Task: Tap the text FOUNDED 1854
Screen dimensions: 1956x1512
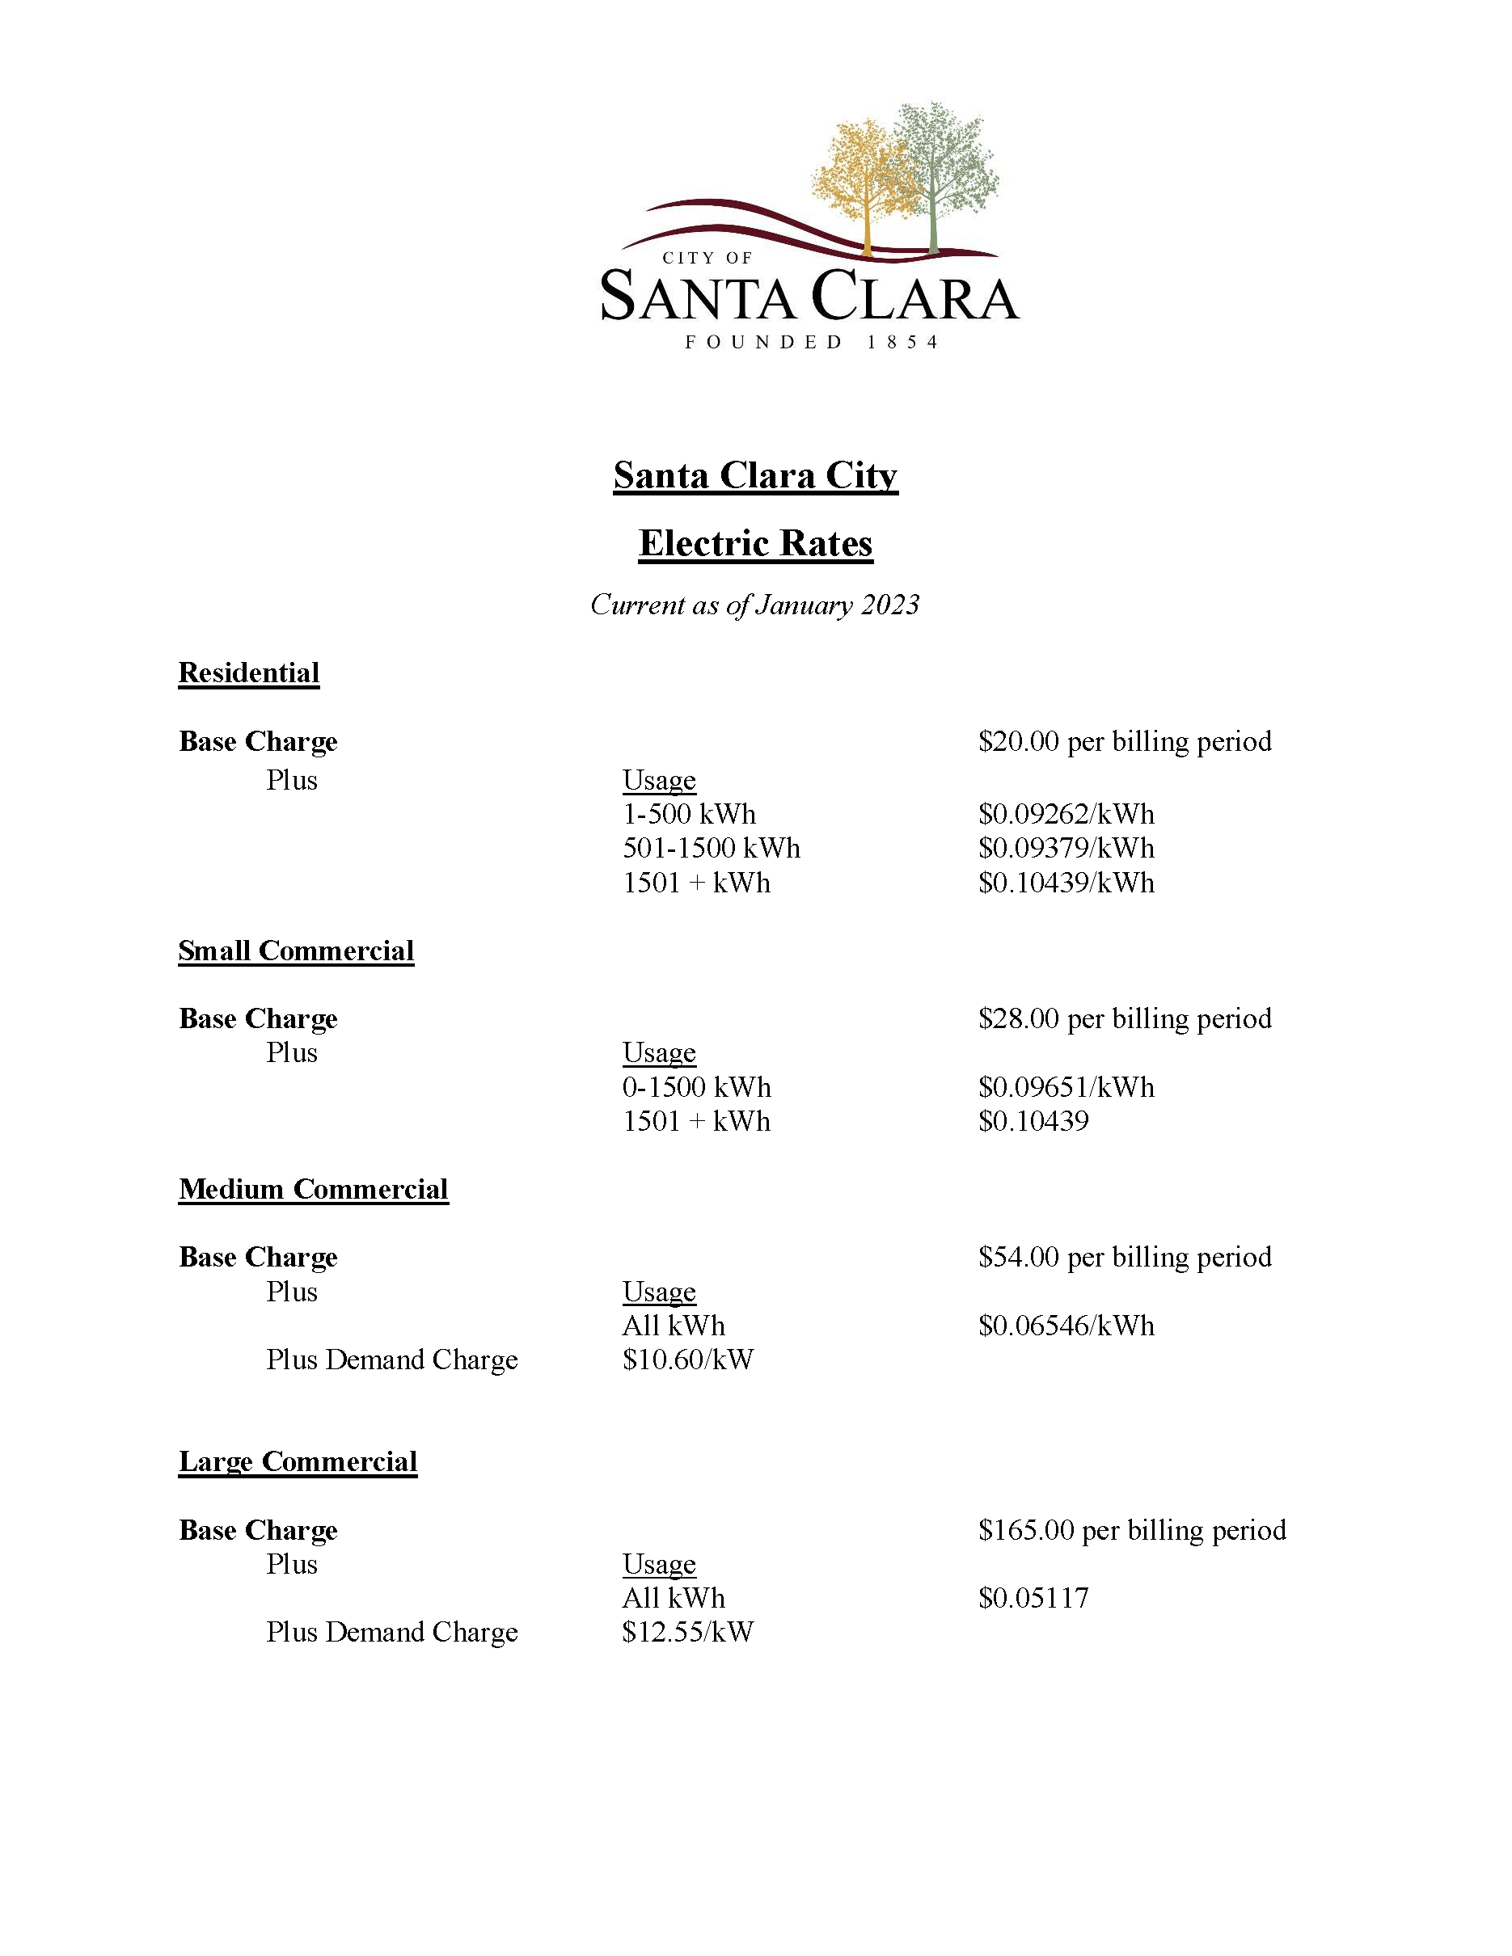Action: coord(812,342)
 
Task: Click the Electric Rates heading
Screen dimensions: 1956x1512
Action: coord(755,544)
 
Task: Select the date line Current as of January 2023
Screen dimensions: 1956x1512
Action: coord(754,605)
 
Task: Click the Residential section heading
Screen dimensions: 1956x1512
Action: coord(249,672)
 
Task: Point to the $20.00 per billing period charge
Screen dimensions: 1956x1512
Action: coord(1124,741)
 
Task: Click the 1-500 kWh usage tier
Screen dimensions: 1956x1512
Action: coord(689,814)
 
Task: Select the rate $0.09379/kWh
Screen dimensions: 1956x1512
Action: coord(1066,848)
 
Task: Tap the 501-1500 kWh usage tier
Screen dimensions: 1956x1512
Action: coord(712,848)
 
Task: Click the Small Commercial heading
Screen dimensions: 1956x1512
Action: coord(296,951)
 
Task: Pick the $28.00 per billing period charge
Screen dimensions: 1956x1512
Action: coord(1124,1018)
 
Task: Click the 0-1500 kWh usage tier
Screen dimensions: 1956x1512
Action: coord(696,1087)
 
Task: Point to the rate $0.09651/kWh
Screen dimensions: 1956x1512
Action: coord(1066,1087)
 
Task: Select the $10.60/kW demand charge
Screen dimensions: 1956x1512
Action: coord(688,1360)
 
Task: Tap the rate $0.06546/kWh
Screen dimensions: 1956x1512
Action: coord(1066,1326)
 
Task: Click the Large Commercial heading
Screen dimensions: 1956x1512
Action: coord(298,1461)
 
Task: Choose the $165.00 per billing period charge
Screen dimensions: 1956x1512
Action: coord(1131,1530)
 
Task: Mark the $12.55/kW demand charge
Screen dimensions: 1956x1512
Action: coord(688,1632)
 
